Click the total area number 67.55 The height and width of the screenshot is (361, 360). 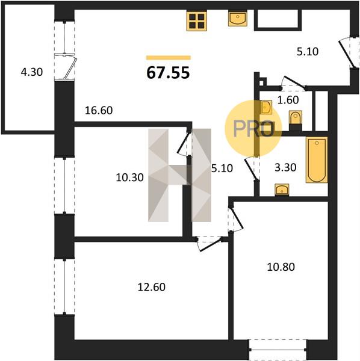[x=168, y=73]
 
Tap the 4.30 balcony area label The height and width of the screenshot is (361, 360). [x=32, y=72]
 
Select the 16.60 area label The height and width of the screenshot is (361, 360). [x=99, y=111]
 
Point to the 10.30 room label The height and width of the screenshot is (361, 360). [x=129, y=177]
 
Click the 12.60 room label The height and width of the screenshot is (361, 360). [x=152, y=287]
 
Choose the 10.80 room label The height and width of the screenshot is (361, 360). [x=281, y=267]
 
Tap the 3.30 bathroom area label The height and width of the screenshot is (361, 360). [x=285, y=167]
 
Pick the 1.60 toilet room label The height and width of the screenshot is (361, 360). [x=288, y=100]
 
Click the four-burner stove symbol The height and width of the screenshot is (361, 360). [x=196, y=20]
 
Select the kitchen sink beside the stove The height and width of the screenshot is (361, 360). [x=238, y=18]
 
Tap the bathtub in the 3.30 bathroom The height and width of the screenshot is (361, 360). [x=317, y=160]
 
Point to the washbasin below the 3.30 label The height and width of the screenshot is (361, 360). [x=282, y=190]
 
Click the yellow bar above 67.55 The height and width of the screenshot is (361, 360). [x=169, y=58]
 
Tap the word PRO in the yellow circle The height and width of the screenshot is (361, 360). [x=253, y=129]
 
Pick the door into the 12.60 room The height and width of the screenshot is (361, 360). [x=210, y=245]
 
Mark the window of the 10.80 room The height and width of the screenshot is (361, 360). [x=278, y=350]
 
